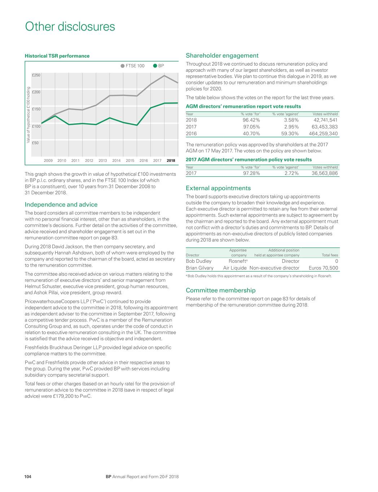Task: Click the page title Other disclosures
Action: point(70,27)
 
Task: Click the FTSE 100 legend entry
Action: point(132,66)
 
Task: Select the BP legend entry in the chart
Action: point(158,66)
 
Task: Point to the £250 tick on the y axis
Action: point(36,75)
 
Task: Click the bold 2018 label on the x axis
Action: point(171,161)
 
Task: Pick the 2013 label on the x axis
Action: point(103,161)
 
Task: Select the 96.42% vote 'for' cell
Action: point(251,120)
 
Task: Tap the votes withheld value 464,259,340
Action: point(323,134)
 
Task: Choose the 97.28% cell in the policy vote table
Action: point(251,173)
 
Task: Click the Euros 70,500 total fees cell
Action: point(323,268)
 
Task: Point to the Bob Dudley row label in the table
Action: point(198,261)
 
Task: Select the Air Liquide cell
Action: point(235,268)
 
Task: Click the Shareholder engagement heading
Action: point(222,56)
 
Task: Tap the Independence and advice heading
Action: point(61,205)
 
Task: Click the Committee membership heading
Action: point(220,291)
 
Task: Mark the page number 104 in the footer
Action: point(28,477)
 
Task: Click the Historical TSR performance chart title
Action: point(57,56)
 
